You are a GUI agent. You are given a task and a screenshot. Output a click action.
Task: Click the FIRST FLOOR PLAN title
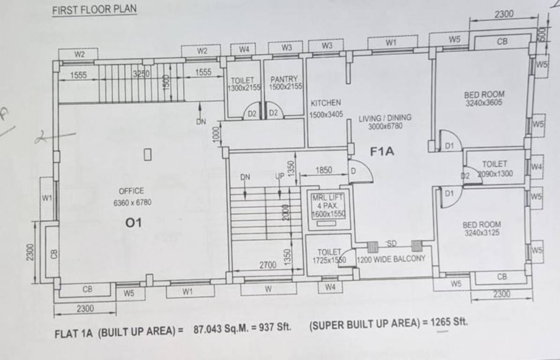(x=94, y=9)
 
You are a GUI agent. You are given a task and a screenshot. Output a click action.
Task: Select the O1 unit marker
(x=133, y=223)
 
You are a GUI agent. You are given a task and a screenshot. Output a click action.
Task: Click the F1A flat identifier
(x=382, y=151)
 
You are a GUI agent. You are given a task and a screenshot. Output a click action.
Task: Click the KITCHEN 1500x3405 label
(x=326, y=108)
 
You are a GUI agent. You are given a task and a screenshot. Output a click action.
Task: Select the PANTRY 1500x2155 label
(x=284, y=83)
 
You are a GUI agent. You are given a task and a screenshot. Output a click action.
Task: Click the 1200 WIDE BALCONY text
(x=391, y=258)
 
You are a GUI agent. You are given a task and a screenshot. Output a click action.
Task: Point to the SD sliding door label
(x=392, y=243)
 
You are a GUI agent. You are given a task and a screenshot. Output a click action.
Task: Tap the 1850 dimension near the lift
(x=324, y=170)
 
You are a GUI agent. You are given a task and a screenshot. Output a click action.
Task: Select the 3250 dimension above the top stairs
(x=141, y=74)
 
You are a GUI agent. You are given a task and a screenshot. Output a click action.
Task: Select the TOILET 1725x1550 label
(x=329, y=256)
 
